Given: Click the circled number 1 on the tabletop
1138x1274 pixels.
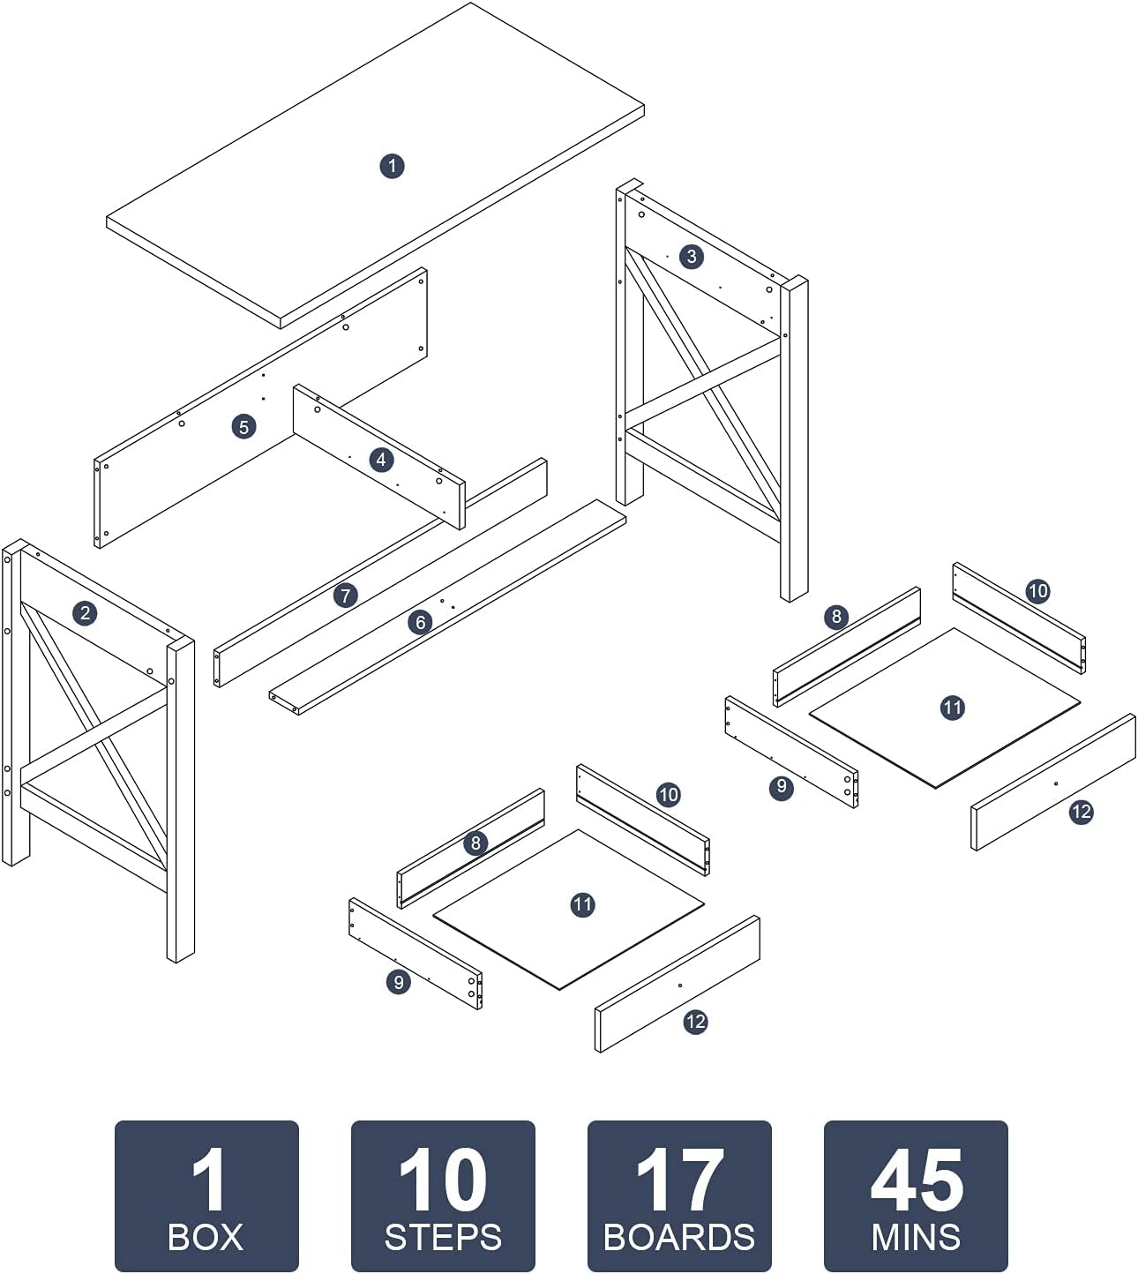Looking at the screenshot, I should pyautogui.click(x=392, y=166).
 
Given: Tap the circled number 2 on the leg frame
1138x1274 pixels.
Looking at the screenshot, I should pyautogui.click(x=85, y=613).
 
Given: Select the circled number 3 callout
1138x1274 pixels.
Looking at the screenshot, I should pyautogui.click(x=692, y=257).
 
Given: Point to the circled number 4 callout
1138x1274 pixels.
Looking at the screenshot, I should pyautogui.click(x=381, y=460).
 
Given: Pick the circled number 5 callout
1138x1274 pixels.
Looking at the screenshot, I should pyautogui.click(x=243, y=427).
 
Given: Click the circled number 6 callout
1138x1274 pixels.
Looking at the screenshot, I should pyautogui.click(x=421, y=623).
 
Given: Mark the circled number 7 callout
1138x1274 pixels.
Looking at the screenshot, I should pyautogui.click(x=346, y=596).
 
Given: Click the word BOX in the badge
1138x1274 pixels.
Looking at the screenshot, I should pyautogui.click(x=206, y=1237).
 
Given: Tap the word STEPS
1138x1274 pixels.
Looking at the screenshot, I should pyautogui.click(x=443, y=1237).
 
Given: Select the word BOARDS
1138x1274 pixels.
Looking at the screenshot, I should pyautogui.click(x=679, y=1237).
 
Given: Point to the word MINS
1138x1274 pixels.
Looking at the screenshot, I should pyautogui.click(x=916, y=1237).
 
